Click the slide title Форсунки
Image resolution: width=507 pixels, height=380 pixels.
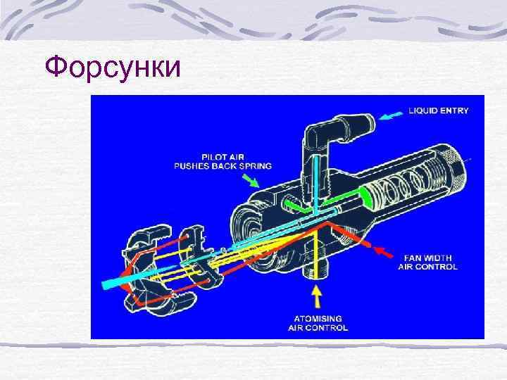click(113, 68)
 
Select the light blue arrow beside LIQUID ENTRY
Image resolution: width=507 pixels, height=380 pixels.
click(388, 117)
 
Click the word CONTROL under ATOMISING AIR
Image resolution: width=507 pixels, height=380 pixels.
click(327, 328)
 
